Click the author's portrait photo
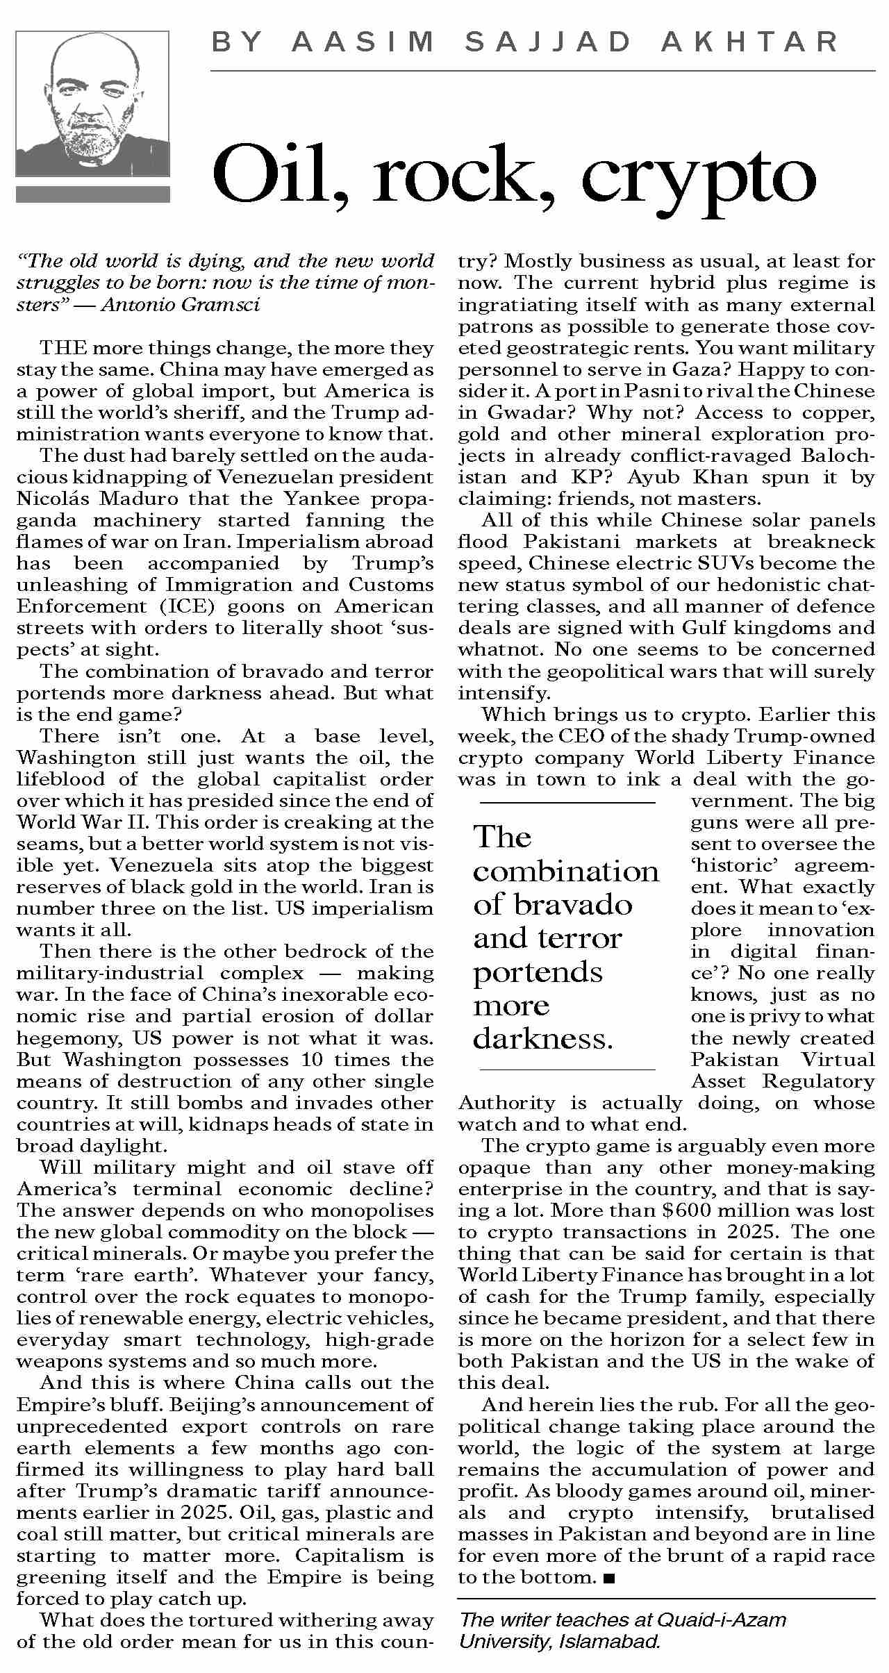[x=92, y=105]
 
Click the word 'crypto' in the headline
[x=697, y=176]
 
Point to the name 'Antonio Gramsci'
[x=181, y=305]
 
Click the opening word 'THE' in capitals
[x=63, y=348]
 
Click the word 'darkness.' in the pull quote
[x=544, y=1039]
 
